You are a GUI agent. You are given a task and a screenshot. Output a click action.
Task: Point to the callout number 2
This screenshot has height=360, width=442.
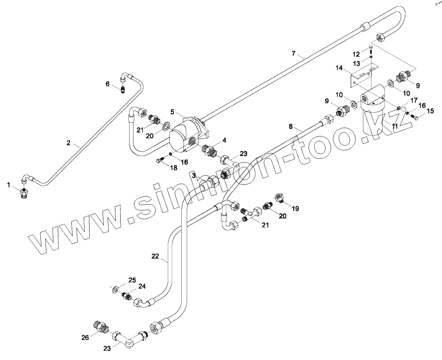tap(69, 143)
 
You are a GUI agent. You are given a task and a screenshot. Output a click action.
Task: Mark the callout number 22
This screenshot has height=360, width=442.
tap(155, 256)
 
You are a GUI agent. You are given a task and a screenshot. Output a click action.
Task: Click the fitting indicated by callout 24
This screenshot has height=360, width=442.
tap(127, 297)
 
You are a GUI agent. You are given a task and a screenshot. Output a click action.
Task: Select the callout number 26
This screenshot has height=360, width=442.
tap(85, 338)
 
